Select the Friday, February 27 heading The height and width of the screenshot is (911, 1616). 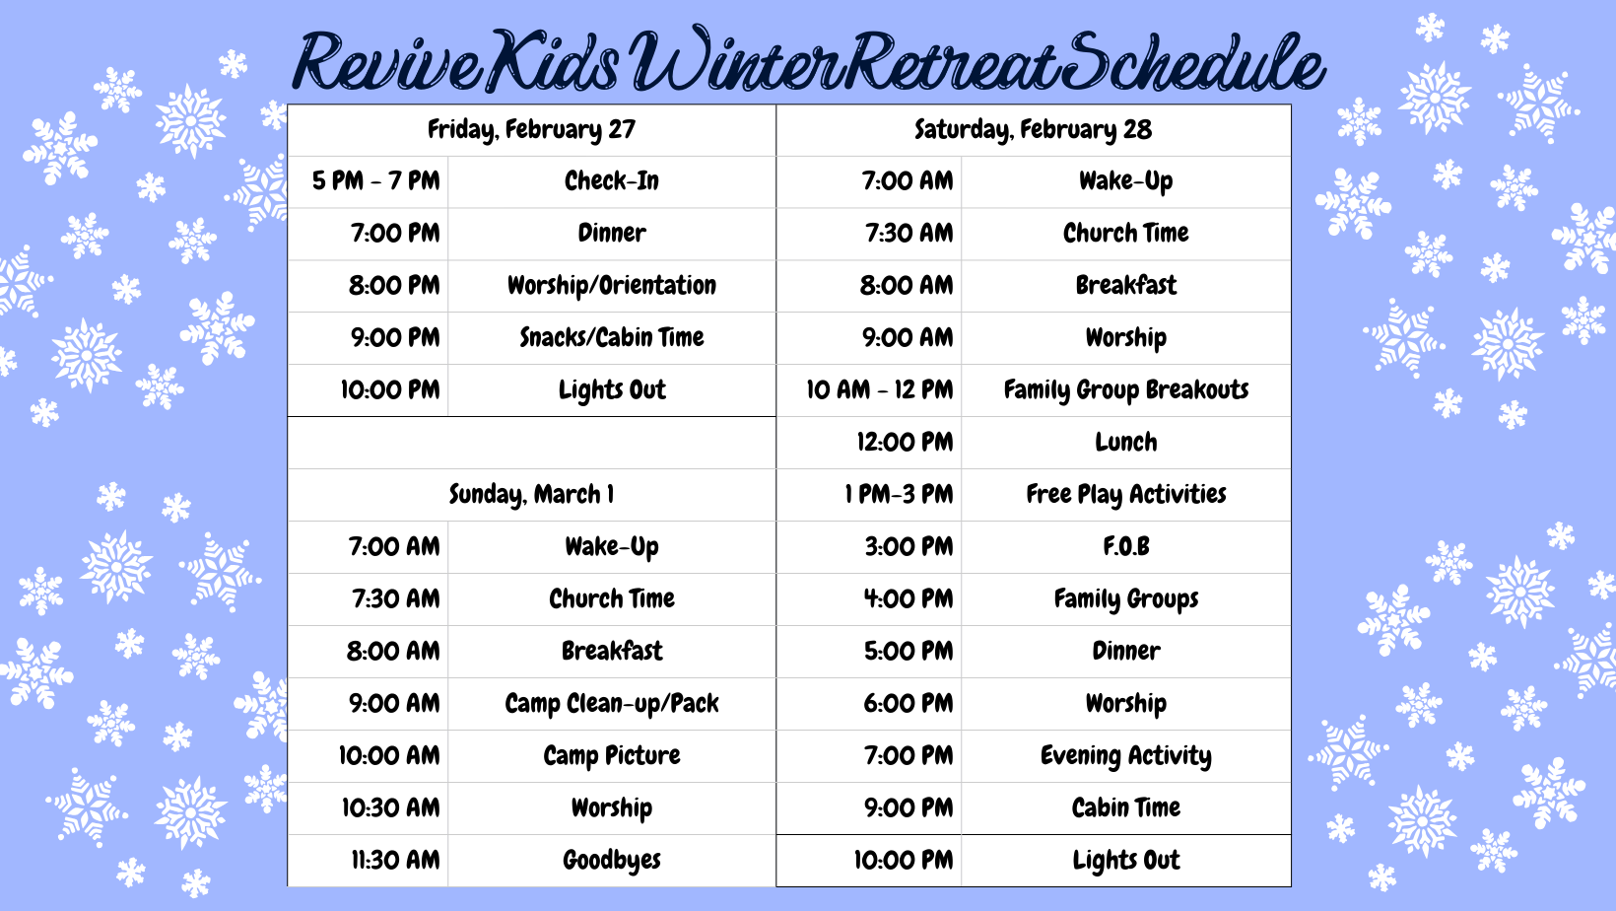coord(532,130)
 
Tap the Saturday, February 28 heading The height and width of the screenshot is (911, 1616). coord(1033,130)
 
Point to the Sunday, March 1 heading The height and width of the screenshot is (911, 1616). coord(532,495)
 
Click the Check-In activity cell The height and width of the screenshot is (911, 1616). coord(612,181)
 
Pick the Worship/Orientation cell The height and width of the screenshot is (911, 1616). coord(612,286)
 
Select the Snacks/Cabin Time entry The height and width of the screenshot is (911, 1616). coord(612,338)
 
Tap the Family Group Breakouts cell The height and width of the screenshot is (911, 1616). coord(1126,390)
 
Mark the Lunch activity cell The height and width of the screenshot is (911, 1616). coord(1126,443)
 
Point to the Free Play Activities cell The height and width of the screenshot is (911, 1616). coord(1126,495)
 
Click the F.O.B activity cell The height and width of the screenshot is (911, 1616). coord(1126,546)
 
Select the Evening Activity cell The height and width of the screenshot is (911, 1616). coord(1126,756)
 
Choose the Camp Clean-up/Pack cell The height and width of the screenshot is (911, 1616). coord(612,704)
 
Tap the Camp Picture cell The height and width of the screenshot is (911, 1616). coord(612,756)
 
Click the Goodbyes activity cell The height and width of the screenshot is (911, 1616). coord(612,861)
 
